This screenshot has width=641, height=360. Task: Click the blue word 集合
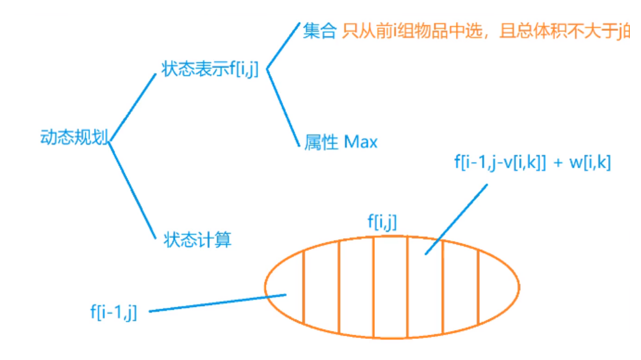coord(319,31)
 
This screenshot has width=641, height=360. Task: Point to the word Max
coord(361,142)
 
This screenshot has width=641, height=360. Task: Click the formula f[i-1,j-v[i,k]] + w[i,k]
coord(532,163)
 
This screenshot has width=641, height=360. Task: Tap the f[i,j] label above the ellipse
coord(382,222)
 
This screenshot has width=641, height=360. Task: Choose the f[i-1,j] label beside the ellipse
coord(113,312)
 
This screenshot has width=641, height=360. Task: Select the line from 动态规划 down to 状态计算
coord(131,189)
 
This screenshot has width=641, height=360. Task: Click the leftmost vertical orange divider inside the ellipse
coord(304,287)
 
